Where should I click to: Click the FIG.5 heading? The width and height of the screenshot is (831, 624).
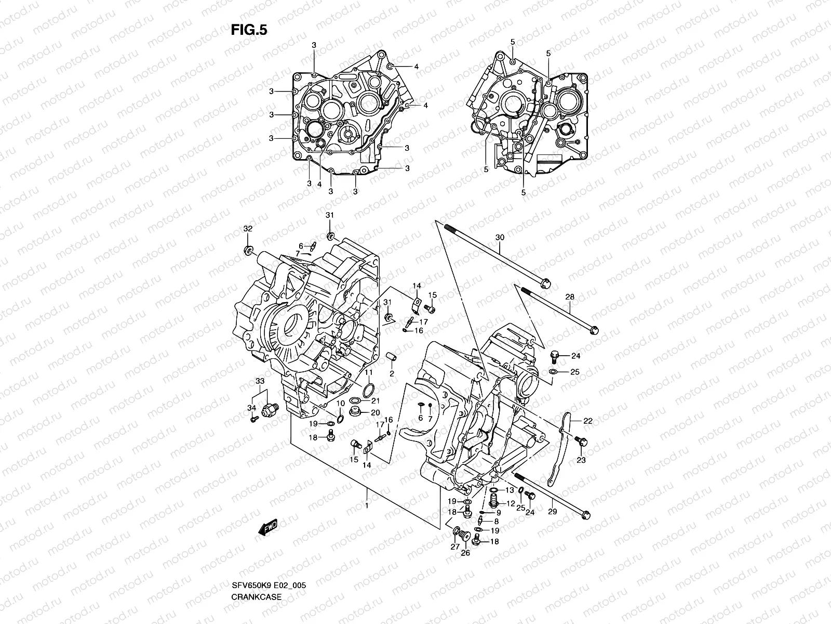249,30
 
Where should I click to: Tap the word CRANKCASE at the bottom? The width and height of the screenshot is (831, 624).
257,567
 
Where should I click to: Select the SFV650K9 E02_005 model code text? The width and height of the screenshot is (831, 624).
269,556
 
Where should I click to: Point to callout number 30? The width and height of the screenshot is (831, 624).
500,237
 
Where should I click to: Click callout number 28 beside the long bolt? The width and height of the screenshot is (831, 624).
570,297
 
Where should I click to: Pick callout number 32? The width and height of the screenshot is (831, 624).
248,229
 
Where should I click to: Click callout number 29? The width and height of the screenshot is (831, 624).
552,512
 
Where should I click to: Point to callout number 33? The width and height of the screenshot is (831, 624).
260,381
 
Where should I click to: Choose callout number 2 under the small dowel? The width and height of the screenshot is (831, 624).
392,373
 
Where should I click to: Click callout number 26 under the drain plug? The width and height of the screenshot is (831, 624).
465,553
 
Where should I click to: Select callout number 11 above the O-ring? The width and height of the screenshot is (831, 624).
368,373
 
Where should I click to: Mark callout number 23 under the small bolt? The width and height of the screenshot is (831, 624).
581,460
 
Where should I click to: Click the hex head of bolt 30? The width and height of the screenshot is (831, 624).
545,284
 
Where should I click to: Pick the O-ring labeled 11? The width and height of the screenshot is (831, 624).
368,391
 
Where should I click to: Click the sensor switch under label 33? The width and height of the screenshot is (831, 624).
271,409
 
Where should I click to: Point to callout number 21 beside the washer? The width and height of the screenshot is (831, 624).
375,400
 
